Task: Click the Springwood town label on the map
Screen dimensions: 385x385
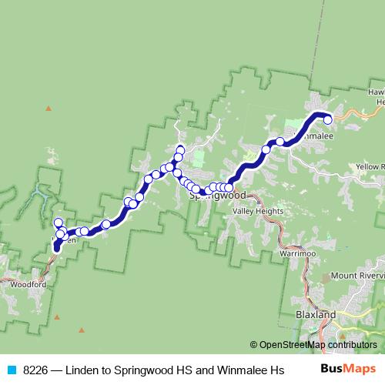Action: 212,196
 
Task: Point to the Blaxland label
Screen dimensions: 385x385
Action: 316,316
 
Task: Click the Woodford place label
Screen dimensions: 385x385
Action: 28,284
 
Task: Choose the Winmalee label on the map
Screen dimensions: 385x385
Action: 317,136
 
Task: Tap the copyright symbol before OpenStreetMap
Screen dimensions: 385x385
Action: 254,345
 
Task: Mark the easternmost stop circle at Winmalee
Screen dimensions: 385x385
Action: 327,119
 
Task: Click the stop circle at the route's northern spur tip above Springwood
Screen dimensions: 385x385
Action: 180,149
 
